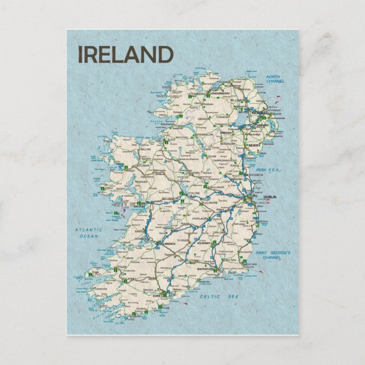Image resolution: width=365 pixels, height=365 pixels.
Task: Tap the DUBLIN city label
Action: pyautogui.click(x=270, y=197)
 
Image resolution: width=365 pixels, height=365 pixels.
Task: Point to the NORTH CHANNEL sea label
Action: pyautogui.click(x=274, y=79)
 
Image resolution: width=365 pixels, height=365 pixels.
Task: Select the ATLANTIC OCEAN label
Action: pyautogui.click(x=89, y=232)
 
